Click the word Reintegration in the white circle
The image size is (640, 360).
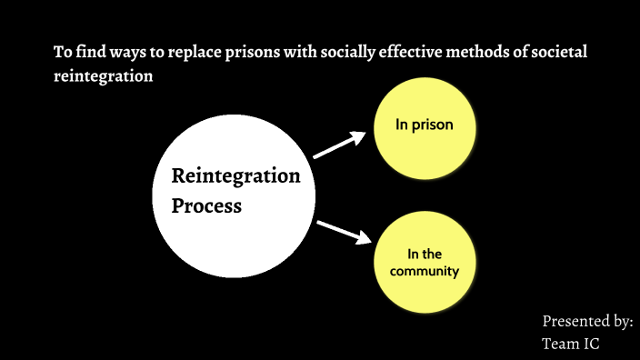tap(235, 175)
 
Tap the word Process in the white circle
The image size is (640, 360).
tap(206, 205)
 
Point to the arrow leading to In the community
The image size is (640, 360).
tap(345, 232)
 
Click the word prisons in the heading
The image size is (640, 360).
tap(235, 52)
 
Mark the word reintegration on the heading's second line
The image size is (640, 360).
tap(102, 77)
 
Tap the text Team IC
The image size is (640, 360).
tap(571, 344)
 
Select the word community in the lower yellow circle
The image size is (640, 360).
tap(425, 271)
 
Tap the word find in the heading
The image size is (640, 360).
tap(78, 52)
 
